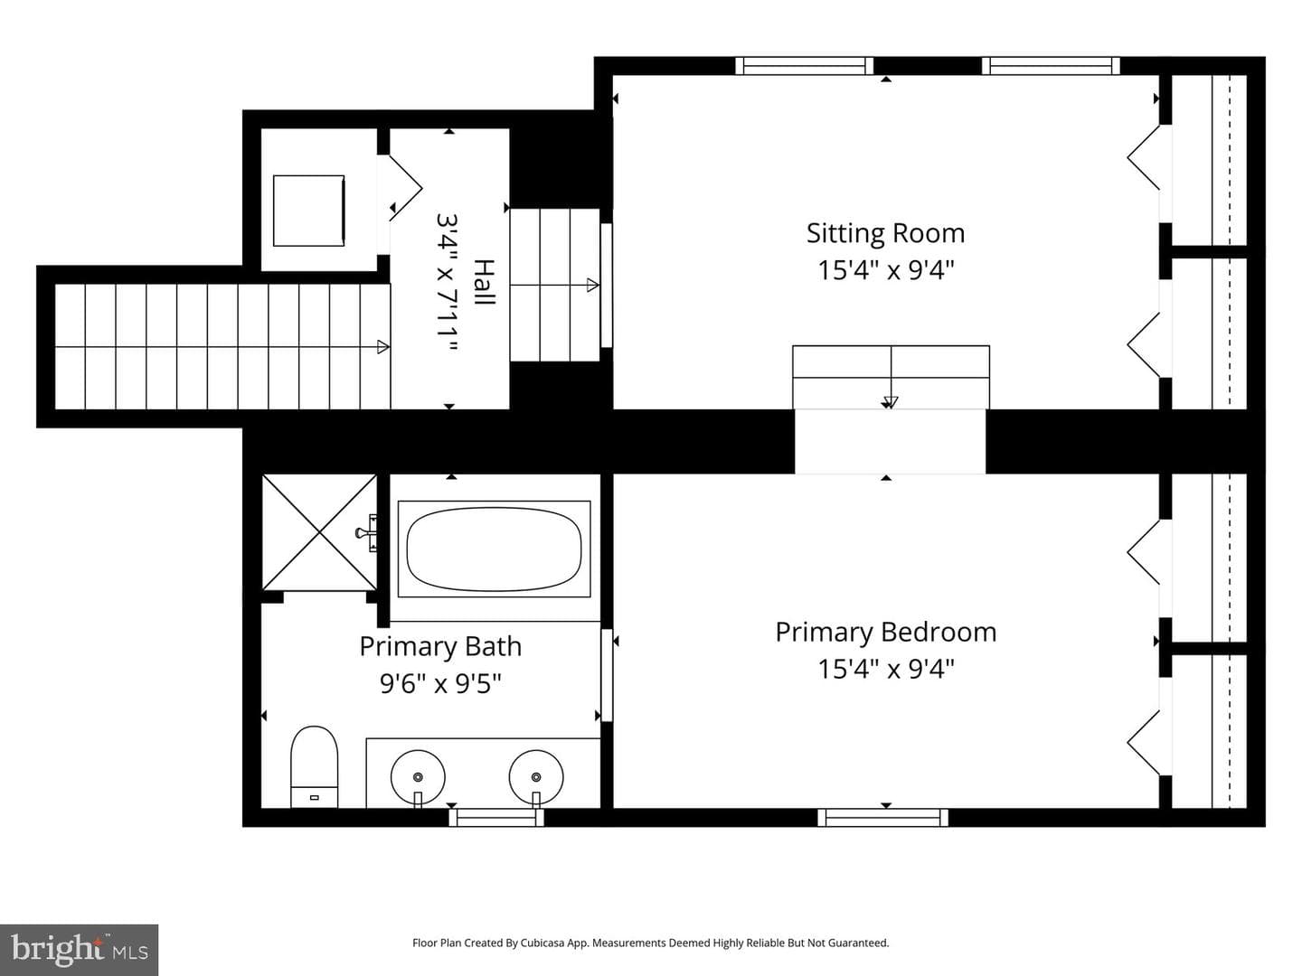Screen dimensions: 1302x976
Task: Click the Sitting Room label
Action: point(885,233)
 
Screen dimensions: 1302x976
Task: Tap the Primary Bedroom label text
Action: point(885,632)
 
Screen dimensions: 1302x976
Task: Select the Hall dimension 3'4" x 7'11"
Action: point(448,282)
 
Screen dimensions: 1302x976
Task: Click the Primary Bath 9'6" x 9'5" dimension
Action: point(440,684)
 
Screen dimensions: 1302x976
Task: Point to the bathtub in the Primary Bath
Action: point(494,549)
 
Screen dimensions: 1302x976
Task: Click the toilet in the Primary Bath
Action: point(314,766)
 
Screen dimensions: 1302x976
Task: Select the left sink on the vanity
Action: point(418,777)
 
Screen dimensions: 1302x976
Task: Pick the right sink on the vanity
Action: point(535,777)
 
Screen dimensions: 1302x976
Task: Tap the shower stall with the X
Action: point(319,532)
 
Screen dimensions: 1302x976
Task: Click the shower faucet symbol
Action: point(366,533)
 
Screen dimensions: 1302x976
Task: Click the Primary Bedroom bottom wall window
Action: point(882,817)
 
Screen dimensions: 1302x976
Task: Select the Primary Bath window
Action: point(495,817)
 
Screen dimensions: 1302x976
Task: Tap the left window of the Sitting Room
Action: point(805,66)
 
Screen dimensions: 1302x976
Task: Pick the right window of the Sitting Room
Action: point(1051,66)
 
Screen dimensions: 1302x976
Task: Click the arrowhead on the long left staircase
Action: point(383,347)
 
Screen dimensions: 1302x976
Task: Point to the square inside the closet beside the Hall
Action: point(308,211)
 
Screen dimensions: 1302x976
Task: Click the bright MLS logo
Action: point(79,950)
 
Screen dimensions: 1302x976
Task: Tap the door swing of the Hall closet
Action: point(406,187)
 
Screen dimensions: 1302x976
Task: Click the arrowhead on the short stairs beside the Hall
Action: point(592,285)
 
